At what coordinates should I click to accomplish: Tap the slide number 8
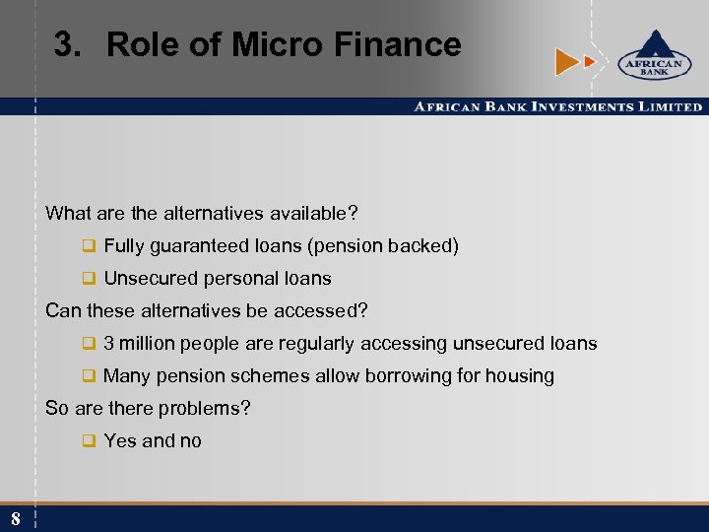click(16, 518)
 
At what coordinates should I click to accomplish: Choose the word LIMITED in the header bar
click(670, 106)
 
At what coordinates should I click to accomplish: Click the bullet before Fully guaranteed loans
click(88, 246)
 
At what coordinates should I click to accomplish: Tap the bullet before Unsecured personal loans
click(88, 279)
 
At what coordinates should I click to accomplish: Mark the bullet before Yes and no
click(88, 441)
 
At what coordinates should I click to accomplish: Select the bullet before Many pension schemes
click(88, 375)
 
